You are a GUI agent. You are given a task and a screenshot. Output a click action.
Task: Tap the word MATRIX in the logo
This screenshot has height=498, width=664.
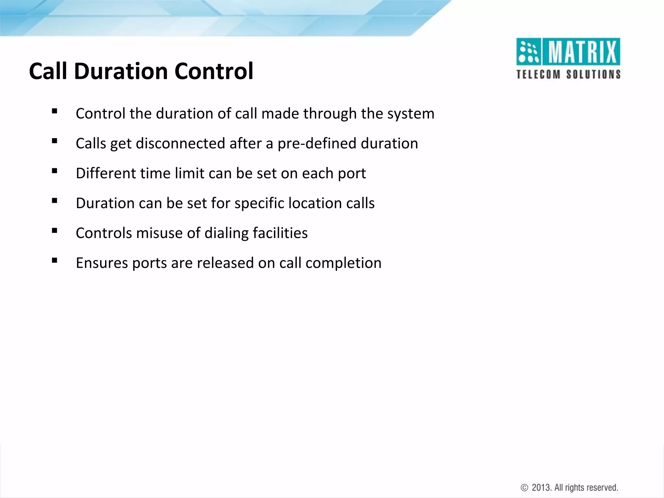click(x=582, y=52)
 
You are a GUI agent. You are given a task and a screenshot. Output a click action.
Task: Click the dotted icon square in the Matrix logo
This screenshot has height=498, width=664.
click(x=528, y=52)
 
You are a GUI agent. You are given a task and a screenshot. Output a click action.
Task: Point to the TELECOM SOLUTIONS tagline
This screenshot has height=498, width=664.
click(x=568, y=74)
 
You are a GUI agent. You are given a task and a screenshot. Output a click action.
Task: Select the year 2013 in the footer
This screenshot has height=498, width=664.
click(x=542, y=488)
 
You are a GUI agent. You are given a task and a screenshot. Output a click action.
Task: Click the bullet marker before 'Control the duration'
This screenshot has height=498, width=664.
click(x=54, y=112)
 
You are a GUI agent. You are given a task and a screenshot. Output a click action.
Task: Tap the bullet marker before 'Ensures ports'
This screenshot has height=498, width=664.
click(x=54, y=260)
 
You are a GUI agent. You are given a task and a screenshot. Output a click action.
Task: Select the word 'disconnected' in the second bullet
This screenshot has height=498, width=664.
click(x=180, y=144)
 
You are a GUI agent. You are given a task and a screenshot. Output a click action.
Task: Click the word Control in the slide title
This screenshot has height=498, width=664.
click(x=214, y=71)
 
